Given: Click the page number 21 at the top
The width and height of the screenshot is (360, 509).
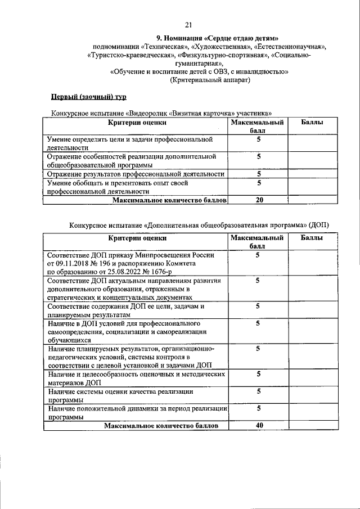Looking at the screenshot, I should click(188, 24).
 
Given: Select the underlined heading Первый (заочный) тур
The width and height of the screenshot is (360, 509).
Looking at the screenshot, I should click(86, 97).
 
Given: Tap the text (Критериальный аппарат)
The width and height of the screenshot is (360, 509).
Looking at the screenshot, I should click(210, 80).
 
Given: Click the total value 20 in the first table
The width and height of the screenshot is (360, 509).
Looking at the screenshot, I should click(259, 200).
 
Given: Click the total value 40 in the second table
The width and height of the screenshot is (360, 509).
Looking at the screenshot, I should click(259, 426).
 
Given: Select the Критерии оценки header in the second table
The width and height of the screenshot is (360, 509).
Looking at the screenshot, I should click(137, 238).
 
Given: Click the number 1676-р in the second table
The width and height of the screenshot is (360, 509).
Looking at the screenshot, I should click(179, 271).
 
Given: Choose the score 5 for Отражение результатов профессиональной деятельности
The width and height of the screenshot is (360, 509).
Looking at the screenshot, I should click(259, 174).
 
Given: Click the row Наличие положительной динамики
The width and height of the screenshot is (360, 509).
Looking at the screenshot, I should click(137, 412).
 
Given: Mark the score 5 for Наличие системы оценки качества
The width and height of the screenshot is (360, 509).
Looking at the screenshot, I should click(259, 391).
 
